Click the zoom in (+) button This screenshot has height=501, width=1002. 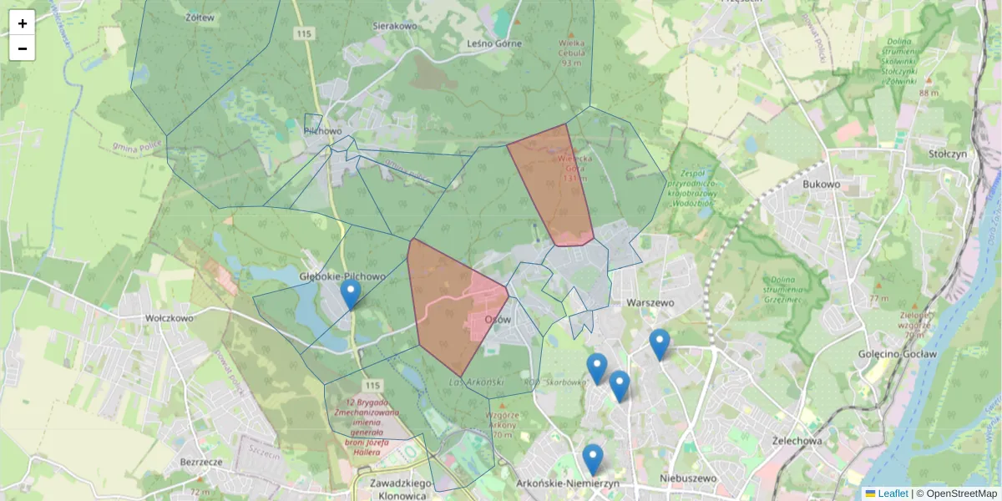pos(22,23)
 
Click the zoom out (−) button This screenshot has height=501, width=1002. pos(22,48)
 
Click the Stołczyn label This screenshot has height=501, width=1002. pos(947,154)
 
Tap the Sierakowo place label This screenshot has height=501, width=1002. pos(395,26)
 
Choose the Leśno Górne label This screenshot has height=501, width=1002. pos(495,43)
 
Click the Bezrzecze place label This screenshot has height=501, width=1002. pos(200,461)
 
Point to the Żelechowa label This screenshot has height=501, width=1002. pos(799,440)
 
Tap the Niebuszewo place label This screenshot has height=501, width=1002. pos(688,478)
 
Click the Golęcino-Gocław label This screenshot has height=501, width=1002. pos(898,354)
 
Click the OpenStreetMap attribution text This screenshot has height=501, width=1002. pos(961,493)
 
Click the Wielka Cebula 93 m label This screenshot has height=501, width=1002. pos(571,50)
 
